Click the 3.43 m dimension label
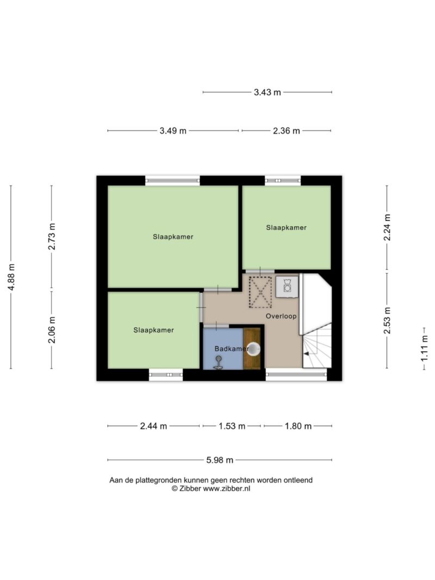click(267, 92)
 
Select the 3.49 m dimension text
click(173, 130)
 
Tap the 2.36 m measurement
click(287, 130)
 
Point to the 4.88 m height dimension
click(11, 277)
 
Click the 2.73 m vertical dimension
click(52, 236)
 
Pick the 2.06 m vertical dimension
click(52, 329)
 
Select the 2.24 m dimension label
click(387, 227)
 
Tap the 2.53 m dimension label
click(387, 320)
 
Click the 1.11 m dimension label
click(424, 348)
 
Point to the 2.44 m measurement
click(153, 426)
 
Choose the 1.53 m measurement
click(232, 426)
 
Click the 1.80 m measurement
click(298, 426)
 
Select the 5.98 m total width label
click(220, 460)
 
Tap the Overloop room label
click(281, 316)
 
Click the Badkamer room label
click(232, 348)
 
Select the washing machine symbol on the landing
click(288, 286)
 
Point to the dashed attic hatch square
click(260, 292)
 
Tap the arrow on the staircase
click(307, 354)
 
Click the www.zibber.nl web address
click(227, 488)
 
